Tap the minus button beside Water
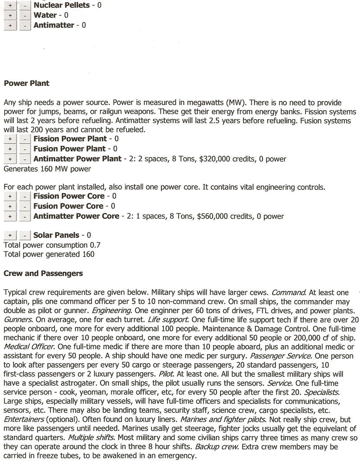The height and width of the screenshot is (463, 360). coord(25,16)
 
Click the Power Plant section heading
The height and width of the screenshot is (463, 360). coord(27,83)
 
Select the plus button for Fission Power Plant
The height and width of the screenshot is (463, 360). coord(9,139)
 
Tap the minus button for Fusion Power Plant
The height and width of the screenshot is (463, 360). coord(25,149)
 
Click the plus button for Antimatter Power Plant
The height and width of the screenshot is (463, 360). coord(9,159)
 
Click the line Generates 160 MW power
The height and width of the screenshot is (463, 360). coord(47,169)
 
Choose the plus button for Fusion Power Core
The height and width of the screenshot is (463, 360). coord(9,206)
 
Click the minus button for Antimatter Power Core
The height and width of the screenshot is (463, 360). coord(25,216)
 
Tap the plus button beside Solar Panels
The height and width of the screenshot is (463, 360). coord(9,235)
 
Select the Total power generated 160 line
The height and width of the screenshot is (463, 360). coord(49,254)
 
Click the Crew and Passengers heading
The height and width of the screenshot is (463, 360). coord(43,273)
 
